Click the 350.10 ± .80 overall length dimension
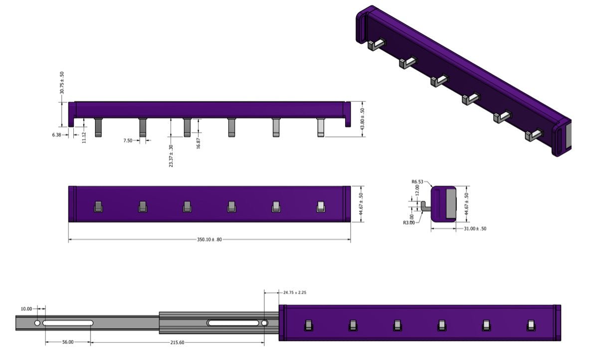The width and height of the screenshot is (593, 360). tap(209, 240)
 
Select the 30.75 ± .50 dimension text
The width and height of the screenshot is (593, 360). tap(62, 83)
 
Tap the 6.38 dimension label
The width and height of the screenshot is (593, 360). tap(56, 135)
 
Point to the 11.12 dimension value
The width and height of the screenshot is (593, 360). tap(84, 137)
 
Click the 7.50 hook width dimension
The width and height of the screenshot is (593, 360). tap(128, 141)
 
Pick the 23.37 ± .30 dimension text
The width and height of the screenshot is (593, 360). tap(171, 156)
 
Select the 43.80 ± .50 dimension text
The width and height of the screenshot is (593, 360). tap(363, 118)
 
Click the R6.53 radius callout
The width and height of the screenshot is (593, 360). tap(417, 182)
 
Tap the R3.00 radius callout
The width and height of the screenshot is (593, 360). tap(408, 222)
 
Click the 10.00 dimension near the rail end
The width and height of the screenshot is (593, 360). tap(26, 309)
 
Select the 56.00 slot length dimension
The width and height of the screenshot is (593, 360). tap(68, 342)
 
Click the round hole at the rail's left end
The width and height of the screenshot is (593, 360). tap(37, 323)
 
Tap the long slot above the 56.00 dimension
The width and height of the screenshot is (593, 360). tap(68, 323)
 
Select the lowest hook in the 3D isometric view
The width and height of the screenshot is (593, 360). tap(534, 135)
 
